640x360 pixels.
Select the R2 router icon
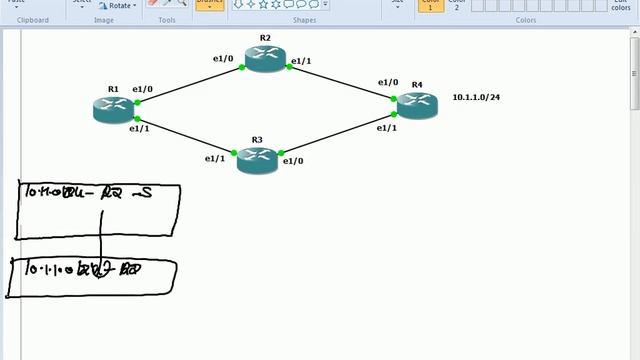pyautogui.click(x=265, y=59)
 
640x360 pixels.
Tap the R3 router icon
pyautogui.click(x=257, y=159)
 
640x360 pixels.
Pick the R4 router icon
pyautogui.click(x=417, y=105)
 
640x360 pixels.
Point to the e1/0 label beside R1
pyautogui.click(x=142, y=90)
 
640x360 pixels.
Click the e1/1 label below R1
pyautogui.click(x=139, y=128)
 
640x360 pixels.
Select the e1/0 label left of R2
pyautogui.click(x=223, y=59)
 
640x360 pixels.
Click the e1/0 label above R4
pyautogui.click(x=387, y=83)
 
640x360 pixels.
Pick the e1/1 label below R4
pyautogui.click(x=386, y=128)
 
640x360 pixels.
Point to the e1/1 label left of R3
pyautogui.click(x=215, y=158)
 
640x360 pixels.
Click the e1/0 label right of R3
pyautogui.click(x=293, y=160)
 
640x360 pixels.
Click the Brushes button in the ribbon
pyautogui.click(x=210, y=4)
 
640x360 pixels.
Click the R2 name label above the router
pyautogui.click(x=265, y=37)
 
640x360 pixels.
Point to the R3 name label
pyautogui.click(x=257, y=139)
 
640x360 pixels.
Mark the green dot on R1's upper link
pyautogui.click(x=137, y=101)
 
